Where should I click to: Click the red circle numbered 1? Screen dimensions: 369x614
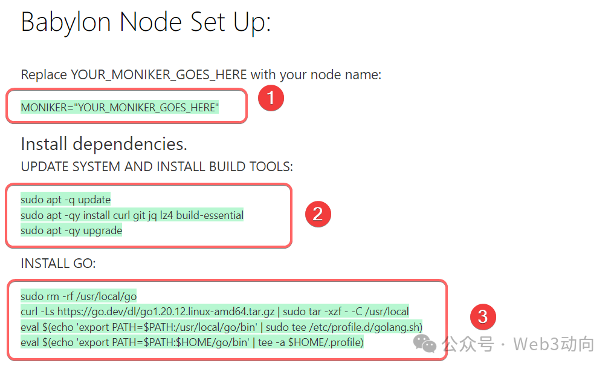coord(271,99)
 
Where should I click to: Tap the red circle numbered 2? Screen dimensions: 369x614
coord(318,214)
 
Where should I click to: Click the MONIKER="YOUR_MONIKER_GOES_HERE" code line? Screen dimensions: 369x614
coord(120,108)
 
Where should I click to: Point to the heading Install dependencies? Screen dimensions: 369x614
coord(103,144)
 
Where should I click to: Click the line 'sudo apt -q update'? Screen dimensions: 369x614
coord(66,200)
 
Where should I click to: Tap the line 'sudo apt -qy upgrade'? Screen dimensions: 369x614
coord(71,230)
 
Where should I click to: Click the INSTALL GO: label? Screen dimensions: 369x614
coord(58,264)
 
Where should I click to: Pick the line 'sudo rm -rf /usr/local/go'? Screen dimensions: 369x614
coord(79,296)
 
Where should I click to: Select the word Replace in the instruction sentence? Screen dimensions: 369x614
coord(44,75)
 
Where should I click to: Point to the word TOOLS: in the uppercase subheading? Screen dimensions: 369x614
coord(271,166)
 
